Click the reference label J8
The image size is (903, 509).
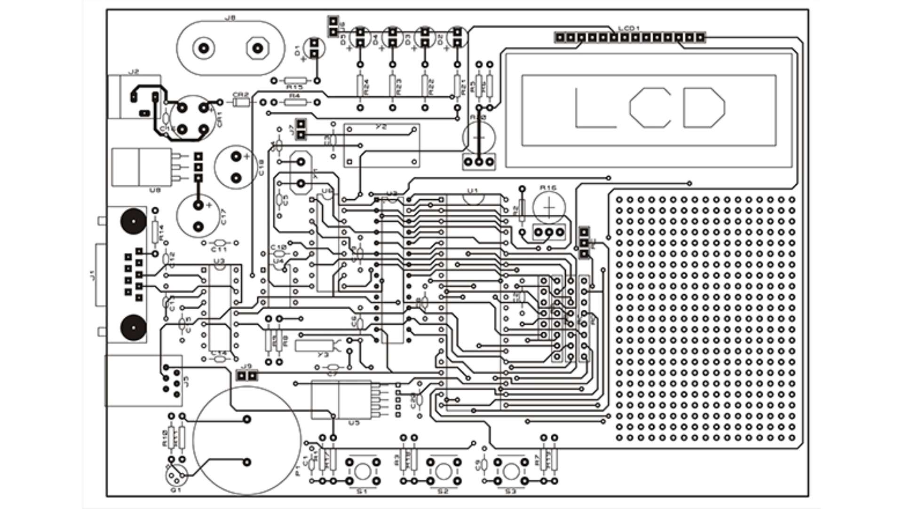[230, 18]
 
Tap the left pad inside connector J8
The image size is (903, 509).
[204, 48]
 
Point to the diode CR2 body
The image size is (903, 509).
[240, 102]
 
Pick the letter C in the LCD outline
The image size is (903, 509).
[650, 108]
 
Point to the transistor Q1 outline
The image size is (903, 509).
[176, 476]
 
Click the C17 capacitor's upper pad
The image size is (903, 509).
[198, 205]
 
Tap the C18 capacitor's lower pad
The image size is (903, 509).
[236, 178]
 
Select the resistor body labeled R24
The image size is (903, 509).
[360, 86]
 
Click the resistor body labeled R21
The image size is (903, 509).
[457, 86]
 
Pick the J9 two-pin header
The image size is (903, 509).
[247, 376]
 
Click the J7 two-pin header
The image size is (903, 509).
[301, 130]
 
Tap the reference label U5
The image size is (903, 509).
[354, 423]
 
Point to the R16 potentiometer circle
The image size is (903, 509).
[549, 207]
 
